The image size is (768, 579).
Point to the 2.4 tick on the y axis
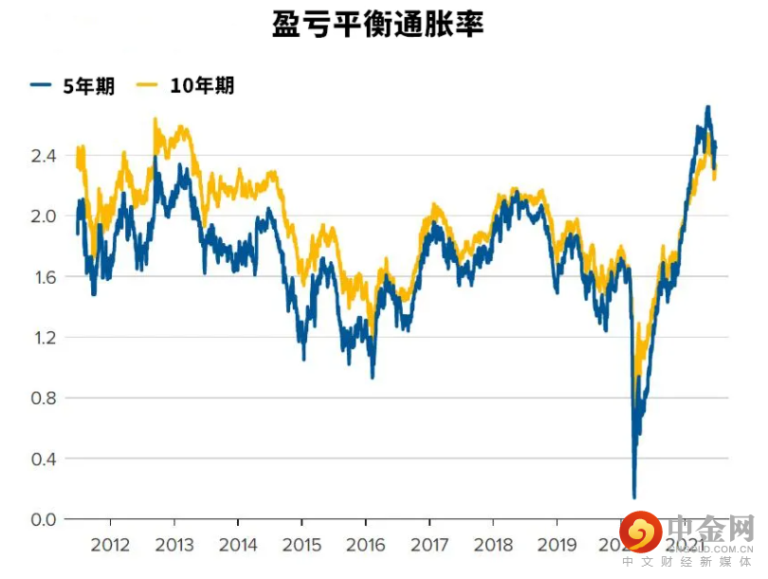point(45,156)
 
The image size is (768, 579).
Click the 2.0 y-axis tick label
point(45,216)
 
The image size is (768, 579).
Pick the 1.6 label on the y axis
point(45,277)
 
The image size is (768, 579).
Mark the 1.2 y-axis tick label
point(45,338)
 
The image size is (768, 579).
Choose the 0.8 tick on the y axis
point(45,399)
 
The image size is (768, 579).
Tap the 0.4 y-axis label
point(45,459)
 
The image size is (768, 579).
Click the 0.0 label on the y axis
point(45,520)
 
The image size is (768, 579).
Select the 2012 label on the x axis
point(110,546)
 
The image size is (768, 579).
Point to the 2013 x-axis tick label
point(174,546)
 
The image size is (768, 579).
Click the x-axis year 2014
point(238,546)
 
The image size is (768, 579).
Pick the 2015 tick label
point(302,546)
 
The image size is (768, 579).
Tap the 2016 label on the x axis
point(366,546)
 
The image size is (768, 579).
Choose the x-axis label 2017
point(430,546)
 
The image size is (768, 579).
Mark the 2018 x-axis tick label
point(493,546)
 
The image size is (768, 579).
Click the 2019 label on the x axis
point(558,546)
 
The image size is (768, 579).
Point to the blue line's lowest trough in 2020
point(634,496)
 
